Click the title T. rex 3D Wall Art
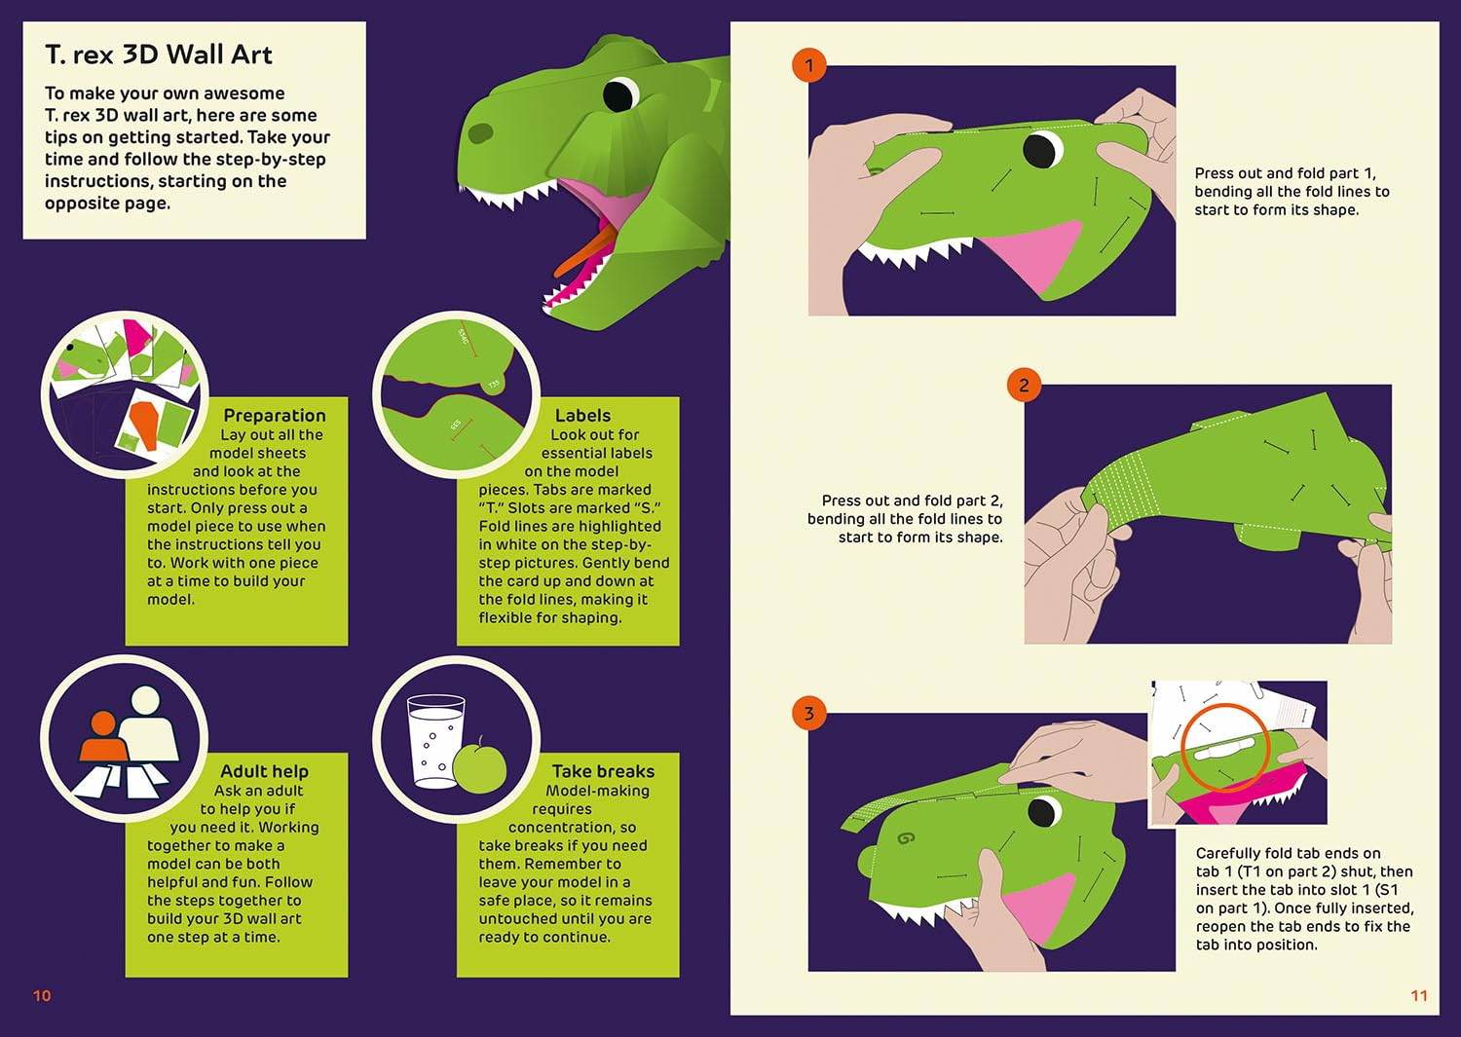(x=159, y=55)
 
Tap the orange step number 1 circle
(x=809, y=65)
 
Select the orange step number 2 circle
(x=1024, y=385)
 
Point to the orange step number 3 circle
(x=809, y=713)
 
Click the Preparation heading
(x=275, y=416)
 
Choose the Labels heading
(x=582, y=416)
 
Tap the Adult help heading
(x=264, y=771)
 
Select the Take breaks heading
(x=603, y=771)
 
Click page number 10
(x=42, y=995)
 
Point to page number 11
(x=1419, y=995)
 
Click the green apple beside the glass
(x=479, y=767)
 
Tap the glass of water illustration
(x=435, y=741)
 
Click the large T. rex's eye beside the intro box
(x=620, y=95)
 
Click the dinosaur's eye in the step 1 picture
(x=1043, y=150)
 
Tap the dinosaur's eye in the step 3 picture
(x=1044, y=812)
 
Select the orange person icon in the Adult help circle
(x=103, y=736)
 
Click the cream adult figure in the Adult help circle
(x=147, y=723)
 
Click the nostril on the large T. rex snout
(x=481, y=133)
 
